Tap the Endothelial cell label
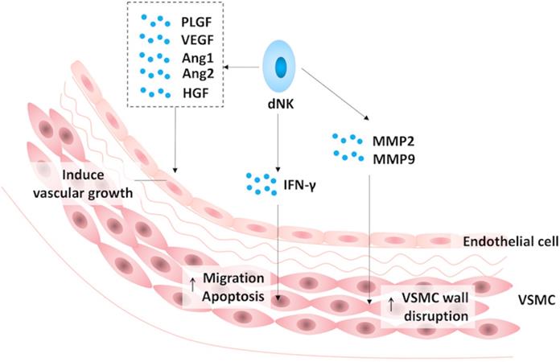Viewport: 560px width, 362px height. [509, 241]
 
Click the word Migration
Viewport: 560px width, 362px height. [233, 278]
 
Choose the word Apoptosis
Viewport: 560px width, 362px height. [233, 295]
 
